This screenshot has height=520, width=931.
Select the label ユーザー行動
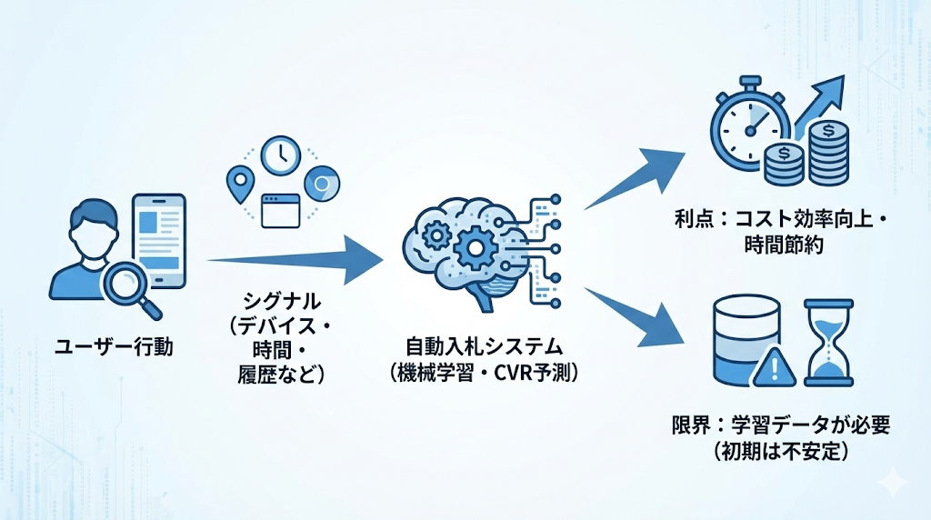[114, 345]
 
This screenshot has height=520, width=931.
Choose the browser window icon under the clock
[280, 210]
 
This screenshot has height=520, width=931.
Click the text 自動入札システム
[485, 347]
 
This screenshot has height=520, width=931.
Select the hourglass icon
[828, 342]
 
